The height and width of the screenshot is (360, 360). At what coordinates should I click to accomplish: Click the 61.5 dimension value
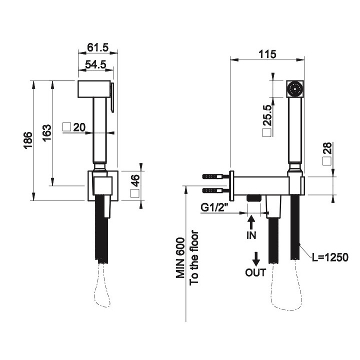point(97,47)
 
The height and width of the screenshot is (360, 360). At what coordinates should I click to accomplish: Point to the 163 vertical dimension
point(46,133)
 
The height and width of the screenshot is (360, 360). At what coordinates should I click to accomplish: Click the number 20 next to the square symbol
point(79,127)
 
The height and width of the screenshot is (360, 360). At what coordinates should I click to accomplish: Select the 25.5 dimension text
point(267,114)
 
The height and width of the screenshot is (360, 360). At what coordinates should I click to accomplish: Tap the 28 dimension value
point(328,148)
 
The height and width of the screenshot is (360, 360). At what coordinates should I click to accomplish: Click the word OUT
point(255,272)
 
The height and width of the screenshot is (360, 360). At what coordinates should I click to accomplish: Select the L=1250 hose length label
point(329,257)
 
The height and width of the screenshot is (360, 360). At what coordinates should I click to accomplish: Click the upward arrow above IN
point(251,220)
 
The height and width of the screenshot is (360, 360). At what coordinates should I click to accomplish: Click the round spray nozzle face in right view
point(295,89)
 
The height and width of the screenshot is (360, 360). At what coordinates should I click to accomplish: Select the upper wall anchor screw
point(215,177)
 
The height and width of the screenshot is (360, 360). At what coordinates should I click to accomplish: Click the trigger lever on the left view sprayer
point(113,97)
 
